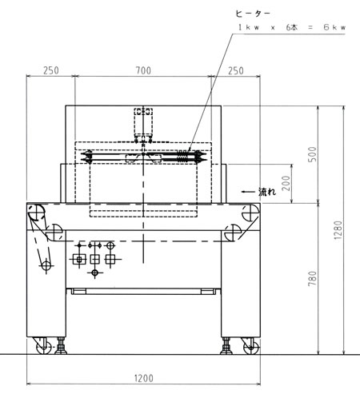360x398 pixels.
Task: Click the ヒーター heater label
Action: point(253,14)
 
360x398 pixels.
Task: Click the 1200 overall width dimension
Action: point(143,378)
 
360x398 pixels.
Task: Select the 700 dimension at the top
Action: point(143,70)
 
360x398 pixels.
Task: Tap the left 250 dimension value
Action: point(51,70)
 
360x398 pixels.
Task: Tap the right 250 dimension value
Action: point(236,71)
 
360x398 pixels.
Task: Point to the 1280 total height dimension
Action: point(338,230)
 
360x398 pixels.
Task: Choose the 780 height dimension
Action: point(312,279)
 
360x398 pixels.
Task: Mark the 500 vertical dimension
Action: point(312,154)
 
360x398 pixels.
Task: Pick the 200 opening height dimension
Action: point(286,183)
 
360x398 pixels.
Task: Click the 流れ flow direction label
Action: point(267,192)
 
